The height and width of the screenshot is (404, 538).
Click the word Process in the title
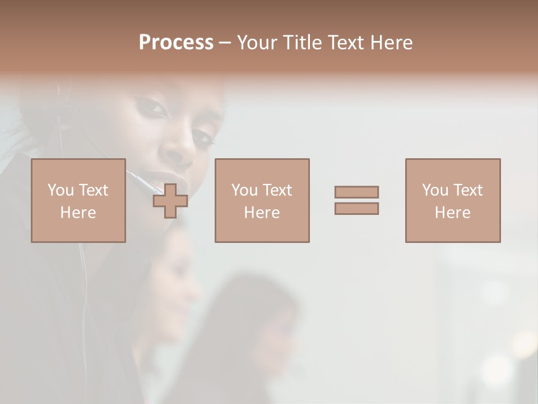(176, 43)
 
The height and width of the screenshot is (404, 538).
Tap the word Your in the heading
(256, 43)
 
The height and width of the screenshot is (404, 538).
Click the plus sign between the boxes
(170, 201)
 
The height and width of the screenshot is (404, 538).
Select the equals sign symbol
(356, 200)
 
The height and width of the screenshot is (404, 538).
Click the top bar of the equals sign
(356, 192)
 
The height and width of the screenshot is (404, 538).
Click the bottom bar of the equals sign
(356, 208)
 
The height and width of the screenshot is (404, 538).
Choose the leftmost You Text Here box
(78, 200)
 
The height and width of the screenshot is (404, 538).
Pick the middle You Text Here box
(262, 200)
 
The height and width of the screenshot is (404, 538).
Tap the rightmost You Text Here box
(453, 200)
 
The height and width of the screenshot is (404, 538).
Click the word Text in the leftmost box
(93, 190)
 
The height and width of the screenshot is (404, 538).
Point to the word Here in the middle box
(262, 213)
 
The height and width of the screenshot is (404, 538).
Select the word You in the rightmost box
(435, 190)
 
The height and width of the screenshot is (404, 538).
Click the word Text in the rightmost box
(467, 190)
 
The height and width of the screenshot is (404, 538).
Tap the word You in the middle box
(244, 190)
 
